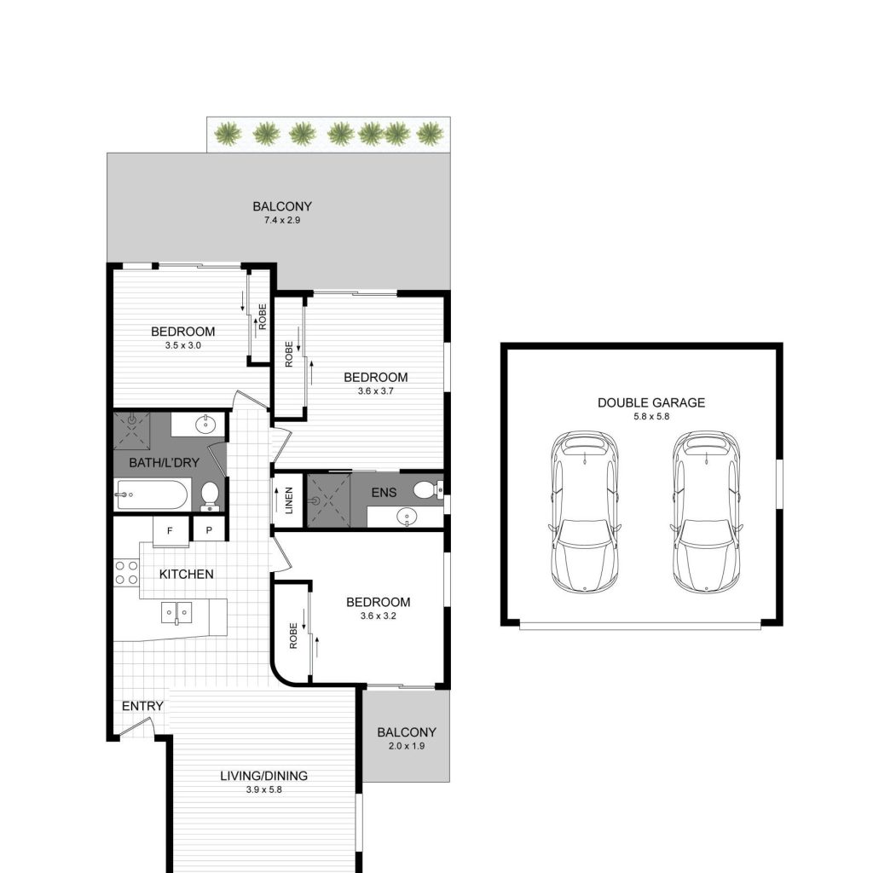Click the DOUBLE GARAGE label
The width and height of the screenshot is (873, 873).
[x=650, y=402]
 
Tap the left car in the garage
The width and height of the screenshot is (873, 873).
[x=585, y=512]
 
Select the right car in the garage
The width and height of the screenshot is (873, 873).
[x=707, y=512]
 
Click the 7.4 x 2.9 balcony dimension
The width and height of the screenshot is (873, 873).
[x=281, y=221]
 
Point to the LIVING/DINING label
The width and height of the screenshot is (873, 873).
[x=264, y=776]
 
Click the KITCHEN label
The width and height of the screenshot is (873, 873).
[x=187, y=574]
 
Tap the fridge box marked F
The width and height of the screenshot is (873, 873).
[x=171, y=531]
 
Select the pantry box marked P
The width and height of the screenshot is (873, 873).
[x=209, y=529]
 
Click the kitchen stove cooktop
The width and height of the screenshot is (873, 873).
[x=126, y=573]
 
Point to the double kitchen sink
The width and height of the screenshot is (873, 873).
[x=176, y=613]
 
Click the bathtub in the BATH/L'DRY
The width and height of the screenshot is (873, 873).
[x=152, y=494]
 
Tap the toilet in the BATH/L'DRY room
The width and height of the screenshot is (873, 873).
[x=210, y=495]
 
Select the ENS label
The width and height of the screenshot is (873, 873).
[x=384, y=492]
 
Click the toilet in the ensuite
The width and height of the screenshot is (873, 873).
[x=428, y=490]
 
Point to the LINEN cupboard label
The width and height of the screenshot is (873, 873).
[x=289, y=500]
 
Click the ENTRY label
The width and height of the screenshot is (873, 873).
[x=142, y=706]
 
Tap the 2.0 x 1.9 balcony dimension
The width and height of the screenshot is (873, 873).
[x=407, y=746]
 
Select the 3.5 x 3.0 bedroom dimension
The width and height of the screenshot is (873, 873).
[x=182, y=345]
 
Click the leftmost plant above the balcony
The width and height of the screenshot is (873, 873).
[x=228, y=134]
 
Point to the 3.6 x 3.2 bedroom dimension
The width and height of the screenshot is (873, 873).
[x=378, y=616]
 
